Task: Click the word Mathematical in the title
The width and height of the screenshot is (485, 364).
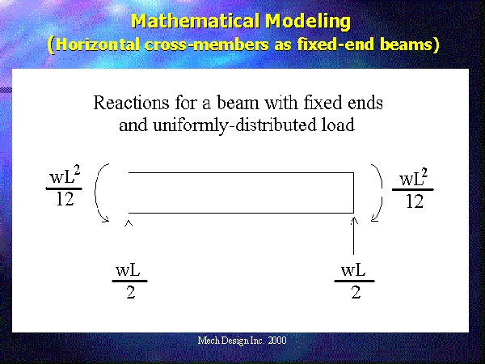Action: click(x=196, y=22)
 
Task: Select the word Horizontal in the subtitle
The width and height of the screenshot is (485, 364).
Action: click(x=98, y=44)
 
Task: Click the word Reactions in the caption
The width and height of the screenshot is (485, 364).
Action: click(x=131, y=103)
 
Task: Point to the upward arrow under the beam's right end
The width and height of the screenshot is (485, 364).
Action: click(x=354, y=236)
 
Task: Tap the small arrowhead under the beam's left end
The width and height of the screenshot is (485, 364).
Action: click(x=129, y=223)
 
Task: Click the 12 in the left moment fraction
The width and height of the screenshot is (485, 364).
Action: click(x=65, y=199)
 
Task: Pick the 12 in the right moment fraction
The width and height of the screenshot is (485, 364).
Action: click(x=415, y=201)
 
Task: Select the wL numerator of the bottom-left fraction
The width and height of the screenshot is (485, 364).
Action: click(x=128, y=270)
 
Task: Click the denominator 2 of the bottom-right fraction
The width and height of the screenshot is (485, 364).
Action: click(x=356, y=292)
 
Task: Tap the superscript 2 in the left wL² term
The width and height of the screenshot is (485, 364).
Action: click(x=77, y=171)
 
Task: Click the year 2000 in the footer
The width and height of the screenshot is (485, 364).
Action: click(x=277, y=341)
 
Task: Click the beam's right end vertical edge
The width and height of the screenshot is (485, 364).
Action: click(x=353, y=193)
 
